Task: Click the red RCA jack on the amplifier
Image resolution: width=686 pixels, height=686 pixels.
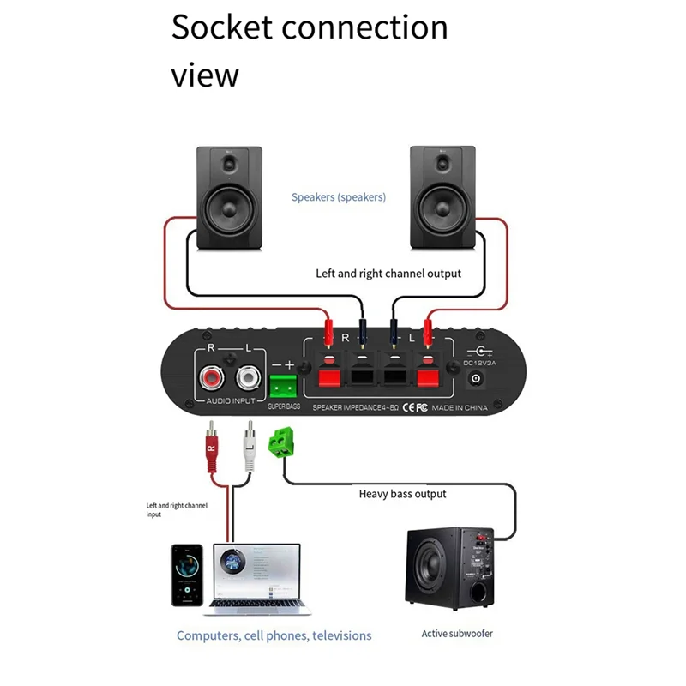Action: pos(211,377)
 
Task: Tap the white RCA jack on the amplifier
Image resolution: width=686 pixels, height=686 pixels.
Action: pos(250,377)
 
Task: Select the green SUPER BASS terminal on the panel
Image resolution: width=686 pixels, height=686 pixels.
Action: pos(283,382)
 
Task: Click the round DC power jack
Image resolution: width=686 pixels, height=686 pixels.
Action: pos(475,378)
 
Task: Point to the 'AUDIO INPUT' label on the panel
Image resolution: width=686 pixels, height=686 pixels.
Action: pos(230,401)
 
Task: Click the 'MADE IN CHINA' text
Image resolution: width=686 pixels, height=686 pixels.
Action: pos(460,407)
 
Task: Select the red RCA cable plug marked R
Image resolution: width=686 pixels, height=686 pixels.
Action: pos(211,452)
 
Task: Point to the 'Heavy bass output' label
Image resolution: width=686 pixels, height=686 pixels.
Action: pos(402,494)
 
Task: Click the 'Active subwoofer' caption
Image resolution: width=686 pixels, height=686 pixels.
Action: pos(457,634)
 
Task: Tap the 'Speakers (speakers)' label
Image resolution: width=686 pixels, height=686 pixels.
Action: pos(339,197)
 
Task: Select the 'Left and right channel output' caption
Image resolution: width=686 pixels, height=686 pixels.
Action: pos(388,274)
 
